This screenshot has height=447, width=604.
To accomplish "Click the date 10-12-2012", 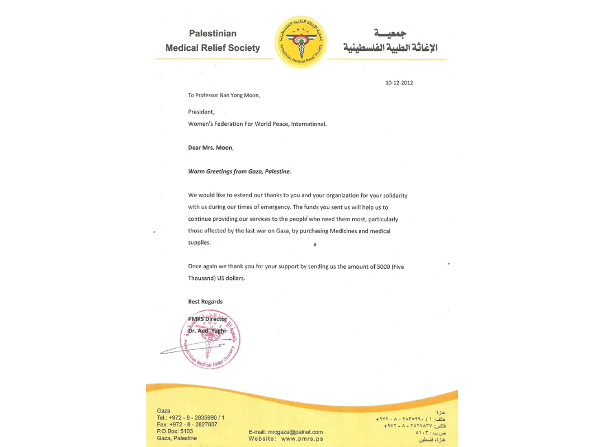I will click(x=399, y=83).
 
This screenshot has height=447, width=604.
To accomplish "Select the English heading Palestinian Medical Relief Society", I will click(x=213, y=41).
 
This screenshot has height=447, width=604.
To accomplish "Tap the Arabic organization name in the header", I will click(x=390, y=42).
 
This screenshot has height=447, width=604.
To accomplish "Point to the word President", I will click(x=201, y=112).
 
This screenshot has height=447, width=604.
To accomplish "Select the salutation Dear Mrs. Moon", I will click(x=211, y=148).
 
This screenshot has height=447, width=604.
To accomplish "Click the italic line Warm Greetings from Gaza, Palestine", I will click(x=239, y=172).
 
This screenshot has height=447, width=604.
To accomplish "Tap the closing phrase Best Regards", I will click(x=205, y=302).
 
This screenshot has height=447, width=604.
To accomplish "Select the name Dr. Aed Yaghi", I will click(x=207, y=331).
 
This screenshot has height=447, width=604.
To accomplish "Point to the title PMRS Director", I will click(x=207, y=319).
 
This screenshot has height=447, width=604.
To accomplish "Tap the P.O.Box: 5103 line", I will click(x=175, y=431).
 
